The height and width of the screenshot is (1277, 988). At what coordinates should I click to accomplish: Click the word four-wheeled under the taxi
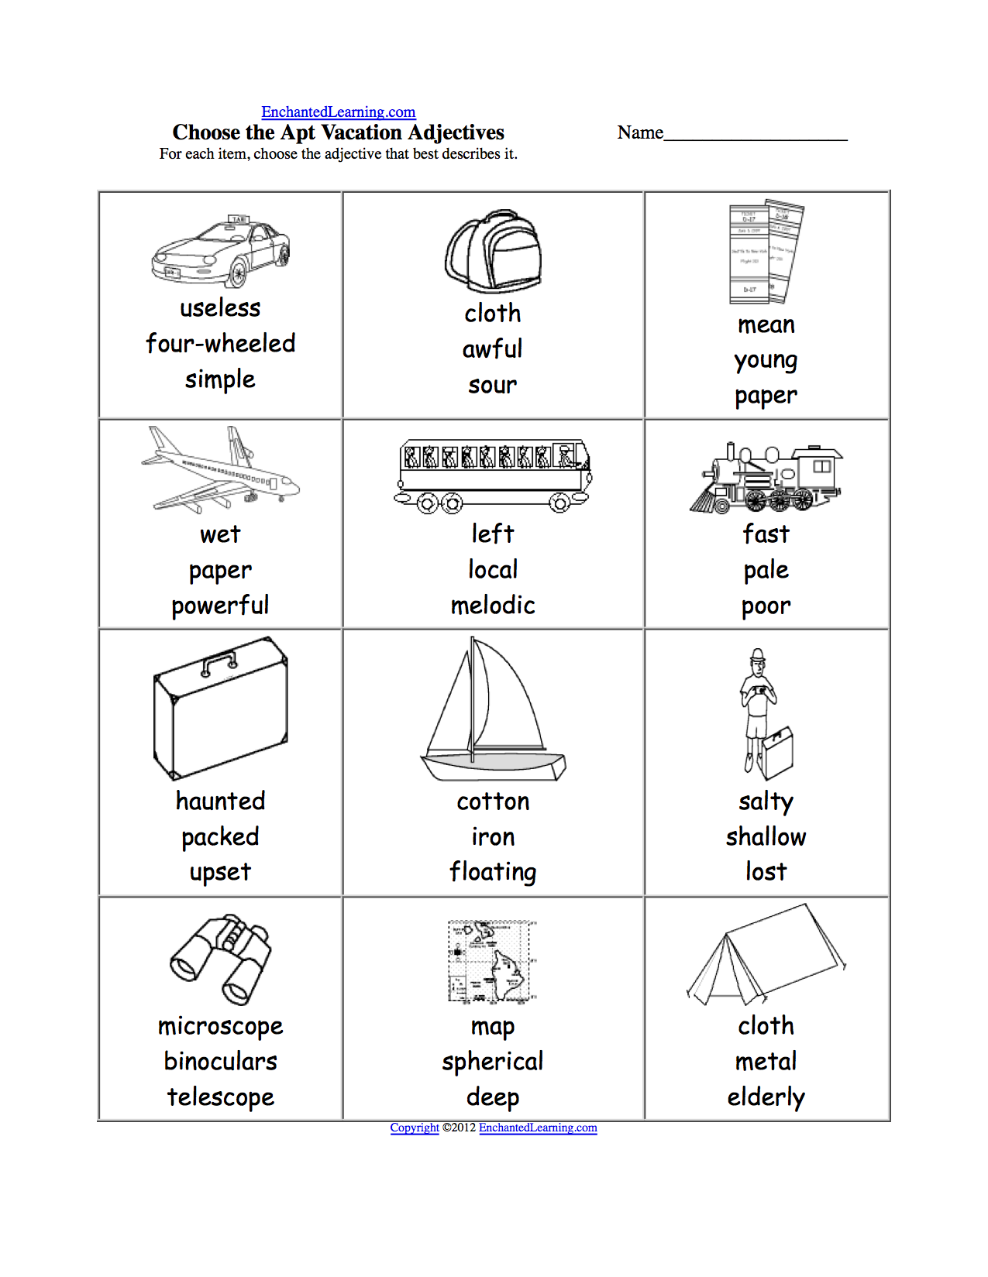(221, 343)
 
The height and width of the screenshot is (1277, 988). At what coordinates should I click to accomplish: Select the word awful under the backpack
(493, 349)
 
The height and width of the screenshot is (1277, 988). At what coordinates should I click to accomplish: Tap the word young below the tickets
(766, 360)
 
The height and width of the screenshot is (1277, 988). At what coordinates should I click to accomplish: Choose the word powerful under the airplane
(221, 605)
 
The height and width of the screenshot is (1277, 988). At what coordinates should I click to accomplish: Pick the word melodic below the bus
(493, 605)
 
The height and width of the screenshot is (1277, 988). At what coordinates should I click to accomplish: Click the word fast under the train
(766, 534)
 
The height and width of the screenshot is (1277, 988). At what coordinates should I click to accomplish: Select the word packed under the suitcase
(221, 836)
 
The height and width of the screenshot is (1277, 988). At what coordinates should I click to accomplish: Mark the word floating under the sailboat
(493, 872)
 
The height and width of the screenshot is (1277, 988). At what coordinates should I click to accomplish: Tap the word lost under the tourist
(766, 872)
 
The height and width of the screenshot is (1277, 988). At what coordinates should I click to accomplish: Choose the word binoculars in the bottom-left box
(221, 1061)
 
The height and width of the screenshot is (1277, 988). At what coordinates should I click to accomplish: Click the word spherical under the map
(493, 1061)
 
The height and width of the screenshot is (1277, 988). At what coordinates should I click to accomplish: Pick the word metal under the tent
(766, 1061)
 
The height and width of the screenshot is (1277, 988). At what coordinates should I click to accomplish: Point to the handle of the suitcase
(219, 661)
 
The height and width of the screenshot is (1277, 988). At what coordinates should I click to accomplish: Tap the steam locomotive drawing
(766, 479)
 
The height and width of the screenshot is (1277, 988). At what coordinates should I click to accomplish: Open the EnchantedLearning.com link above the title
(338, 112)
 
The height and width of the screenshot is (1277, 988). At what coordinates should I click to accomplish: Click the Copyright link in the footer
(414, 1128)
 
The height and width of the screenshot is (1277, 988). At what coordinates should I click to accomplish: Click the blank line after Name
(756, 135)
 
